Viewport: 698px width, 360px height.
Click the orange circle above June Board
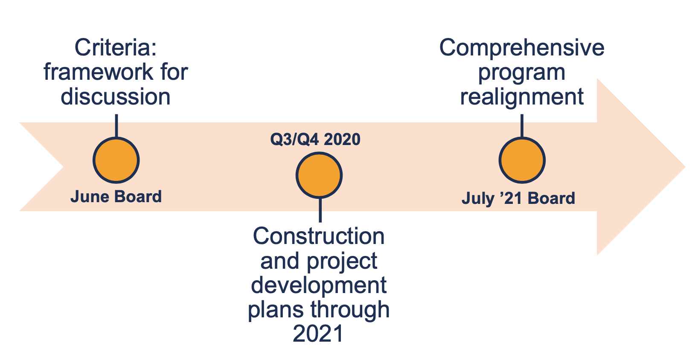tap(116, 160)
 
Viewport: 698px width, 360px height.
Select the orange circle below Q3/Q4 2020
tap(319, 175)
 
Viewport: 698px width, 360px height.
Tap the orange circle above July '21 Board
tap(522, 160)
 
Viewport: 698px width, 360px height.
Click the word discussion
tap(116, 97)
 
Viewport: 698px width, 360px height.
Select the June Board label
tap(116, 197)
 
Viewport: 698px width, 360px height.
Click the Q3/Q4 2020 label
tap(315, 139)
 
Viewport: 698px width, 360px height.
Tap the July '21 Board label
tap(518, 198)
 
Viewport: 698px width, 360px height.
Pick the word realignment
tap(522, 97)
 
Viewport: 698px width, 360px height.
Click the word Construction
tap(319, 236)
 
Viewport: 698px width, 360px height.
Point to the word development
tap(319, 285)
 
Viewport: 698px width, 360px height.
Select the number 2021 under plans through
tap(318, 334)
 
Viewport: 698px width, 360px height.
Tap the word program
tap(521, 73)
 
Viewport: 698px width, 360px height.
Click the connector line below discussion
tap(116, 125)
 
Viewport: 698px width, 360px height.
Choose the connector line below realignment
tap(522, 125)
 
